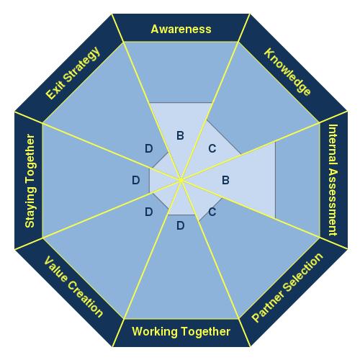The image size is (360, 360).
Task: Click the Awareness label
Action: coord(181,30)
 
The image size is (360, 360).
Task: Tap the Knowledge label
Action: coord(287,72)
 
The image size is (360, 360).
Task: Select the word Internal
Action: coord(333,145)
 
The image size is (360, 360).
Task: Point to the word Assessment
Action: coord(333,202)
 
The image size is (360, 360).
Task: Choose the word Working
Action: coord(155,332)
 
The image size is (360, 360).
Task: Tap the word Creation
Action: coord(86,299)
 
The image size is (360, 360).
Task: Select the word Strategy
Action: coord(82,64)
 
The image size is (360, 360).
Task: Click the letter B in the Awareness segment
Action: coord(180,135)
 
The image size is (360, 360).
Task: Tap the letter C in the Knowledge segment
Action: coord(212,148)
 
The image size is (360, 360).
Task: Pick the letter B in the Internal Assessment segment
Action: coord(225,180)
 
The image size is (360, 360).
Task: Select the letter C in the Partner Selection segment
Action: coord(212,212)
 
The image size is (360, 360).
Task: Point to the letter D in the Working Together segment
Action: coord(181,225)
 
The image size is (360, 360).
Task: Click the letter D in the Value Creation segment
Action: coord(149,212)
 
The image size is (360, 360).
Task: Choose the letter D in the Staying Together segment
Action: coord(136,180)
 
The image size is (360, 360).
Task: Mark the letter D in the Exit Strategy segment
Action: coord(149,148)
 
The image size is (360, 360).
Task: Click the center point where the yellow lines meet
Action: coord(181,180)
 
